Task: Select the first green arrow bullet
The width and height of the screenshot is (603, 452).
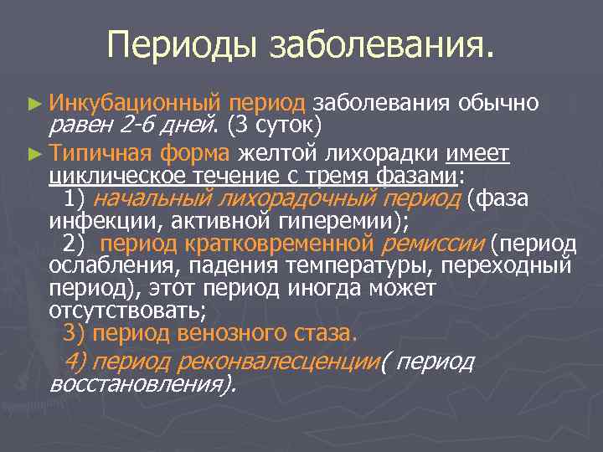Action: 33,104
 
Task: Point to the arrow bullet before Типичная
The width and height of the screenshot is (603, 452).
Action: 33,154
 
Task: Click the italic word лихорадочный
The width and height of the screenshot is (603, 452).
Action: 296,198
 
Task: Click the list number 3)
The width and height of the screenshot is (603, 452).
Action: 74,333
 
